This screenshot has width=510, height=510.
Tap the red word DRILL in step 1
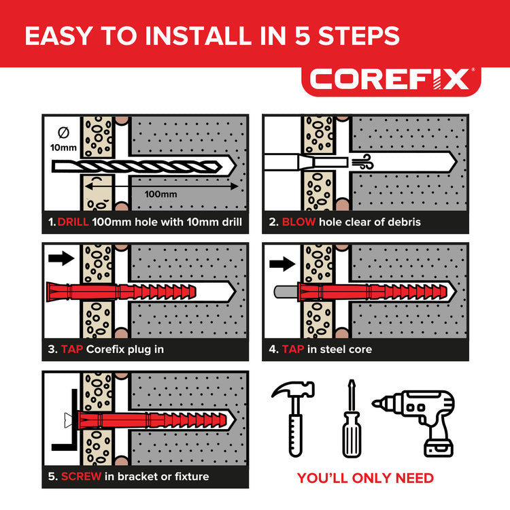coord(73,222)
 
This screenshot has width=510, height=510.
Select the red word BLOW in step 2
coord(299,222)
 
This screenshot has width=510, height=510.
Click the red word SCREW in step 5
coord(81,477)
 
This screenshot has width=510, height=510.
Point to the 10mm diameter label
coord(63,148)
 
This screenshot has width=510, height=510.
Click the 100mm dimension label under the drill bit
coord(160,194)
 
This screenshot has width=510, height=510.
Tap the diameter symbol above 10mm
coord(63,133)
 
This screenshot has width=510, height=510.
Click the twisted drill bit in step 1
coord(137,167)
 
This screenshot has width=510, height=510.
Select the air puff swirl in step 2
coord(365,162)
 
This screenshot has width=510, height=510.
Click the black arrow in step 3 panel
coord(61,258)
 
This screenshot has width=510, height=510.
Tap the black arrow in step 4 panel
coord(282,263)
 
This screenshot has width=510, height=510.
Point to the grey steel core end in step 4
coord(286,292)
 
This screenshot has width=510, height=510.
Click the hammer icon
coord(294,419)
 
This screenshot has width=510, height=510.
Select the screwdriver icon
coord(352,419)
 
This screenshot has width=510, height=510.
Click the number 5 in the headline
coord(303,36)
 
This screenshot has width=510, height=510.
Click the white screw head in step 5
coord(68,420)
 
